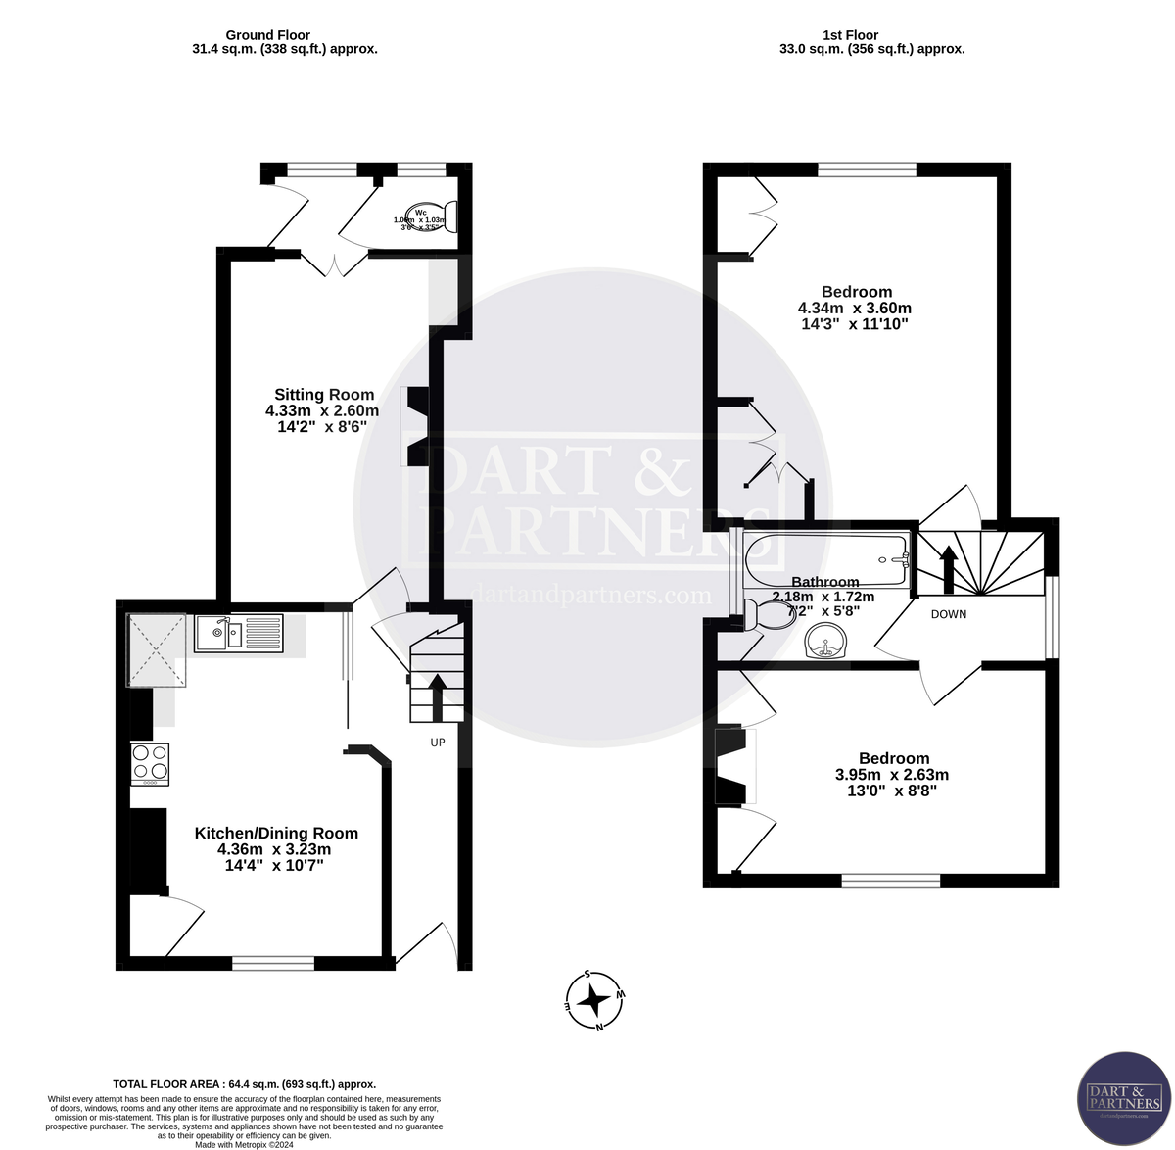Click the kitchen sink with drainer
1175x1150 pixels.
click(x=239, y=633)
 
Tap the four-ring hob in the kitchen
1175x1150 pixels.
click(x=150, y=764)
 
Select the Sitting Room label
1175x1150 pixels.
click(x=323, y=395)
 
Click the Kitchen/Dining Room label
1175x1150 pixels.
click(x=276, y=833)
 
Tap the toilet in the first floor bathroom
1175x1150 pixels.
click(x=771, y=615)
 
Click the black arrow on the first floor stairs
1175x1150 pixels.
click(x=948, y=568)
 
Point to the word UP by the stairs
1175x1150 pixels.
click(x=438, y=743)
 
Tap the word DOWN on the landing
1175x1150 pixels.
click(x=948, y=614)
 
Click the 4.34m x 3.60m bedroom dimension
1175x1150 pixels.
click(x=857, y=308)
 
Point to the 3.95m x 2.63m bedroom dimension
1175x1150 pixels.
click(x=891, y=774)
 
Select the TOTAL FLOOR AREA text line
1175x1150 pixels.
click(x=244, y=1084)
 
